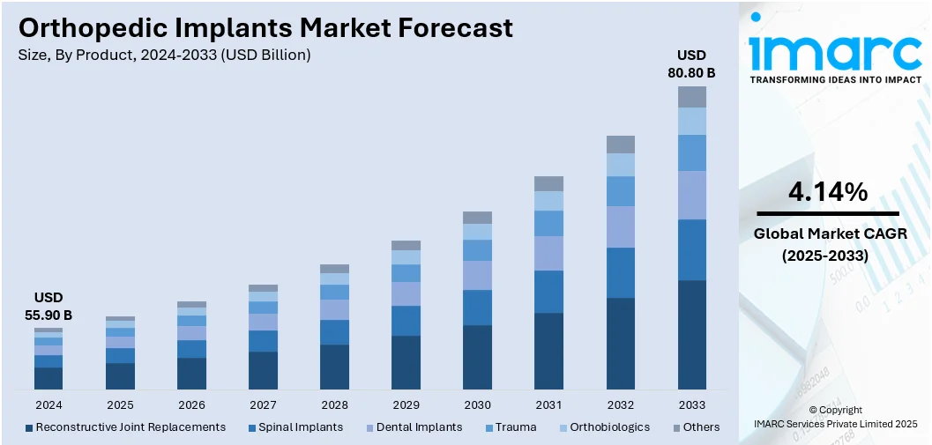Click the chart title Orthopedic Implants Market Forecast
[x=265, y=27]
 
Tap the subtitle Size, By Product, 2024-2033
[x=164, y=55]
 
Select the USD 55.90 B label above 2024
[x=48, y=306]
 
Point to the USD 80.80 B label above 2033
[x=691, y=64]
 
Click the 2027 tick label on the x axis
[x=263, y=405]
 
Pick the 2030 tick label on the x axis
[x=477, y=405]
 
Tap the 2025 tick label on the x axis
[x=120, y=405]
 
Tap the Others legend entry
[x=696, y=427]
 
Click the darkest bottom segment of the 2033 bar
[x=691, y=335]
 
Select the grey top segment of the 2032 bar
[x=620, y=145]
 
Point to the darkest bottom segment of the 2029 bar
[x=406, y=362]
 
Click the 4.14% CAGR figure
[x=827, y=191]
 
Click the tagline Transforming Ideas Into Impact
[x=835, y=79]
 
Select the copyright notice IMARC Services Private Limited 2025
[x=835, y=424]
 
